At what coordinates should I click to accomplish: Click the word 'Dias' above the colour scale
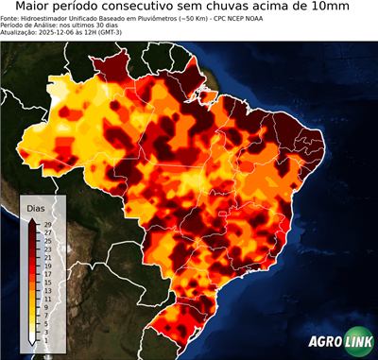point(36,207)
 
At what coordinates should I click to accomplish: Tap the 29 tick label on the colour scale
point(46,224)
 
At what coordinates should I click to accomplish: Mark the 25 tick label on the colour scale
point(46,239)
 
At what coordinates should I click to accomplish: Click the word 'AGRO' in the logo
point(325,341)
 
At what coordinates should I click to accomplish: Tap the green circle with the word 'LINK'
point(359,341)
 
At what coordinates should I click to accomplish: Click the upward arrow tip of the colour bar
point(33,220)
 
